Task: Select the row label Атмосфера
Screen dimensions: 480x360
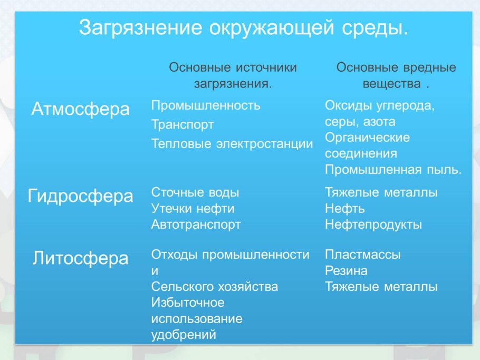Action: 81,110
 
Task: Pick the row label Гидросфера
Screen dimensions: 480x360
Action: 81,196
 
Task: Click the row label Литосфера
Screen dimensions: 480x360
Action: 80,258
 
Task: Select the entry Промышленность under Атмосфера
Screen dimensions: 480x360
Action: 206,105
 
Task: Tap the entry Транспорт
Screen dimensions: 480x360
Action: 183,125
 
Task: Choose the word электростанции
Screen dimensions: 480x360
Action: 264,144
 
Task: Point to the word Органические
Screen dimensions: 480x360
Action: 367,138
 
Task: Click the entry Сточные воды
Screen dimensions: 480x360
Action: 195,192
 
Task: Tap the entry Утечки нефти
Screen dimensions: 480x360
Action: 193,209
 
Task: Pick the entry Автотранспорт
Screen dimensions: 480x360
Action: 196,225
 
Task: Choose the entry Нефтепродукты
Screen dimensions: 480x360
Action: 373,225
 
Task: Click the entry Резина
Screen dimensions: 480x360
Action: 346,271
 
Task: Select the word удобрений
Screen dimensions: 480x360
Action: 184,335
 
